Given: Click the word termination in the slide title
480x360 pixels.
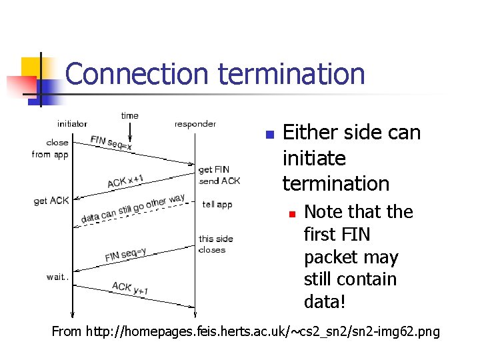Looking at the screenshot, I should [x=291, y=74].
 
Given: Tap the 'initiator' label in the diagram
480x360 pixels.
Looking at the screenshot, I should [x=72, y=123].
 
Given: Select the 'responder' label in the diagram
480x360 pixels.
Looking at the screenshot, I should [x=195, y=123].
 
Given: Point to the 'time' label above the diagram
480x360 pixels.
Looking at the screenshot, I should [x=130, y=115].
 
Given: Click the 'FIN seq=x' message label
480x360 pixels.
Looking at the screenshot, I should [x=111, y=143].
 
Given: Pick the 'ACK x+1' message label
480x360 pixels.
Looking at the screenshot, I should [x=125, y=181].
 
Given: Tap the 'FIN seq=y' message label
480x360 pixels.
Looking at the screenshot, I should [x=125, y=255].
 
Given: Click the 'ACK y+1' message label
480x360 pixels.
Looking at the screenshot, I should [x=130, y=287].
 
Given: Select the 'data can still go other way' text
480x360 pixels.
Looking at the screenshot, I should [x=133, y=208].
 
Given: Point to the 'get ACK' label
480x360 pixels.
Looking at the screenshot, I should [x=51, y=201].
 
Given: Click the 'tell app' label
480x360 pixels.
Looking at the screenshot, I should [x=217, y=205].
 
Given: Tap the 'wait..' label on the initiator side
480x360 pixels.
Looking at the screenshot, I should [x=57, y=277].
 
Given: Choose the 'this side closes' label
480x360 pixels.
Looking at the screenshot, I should [x=215, y=244].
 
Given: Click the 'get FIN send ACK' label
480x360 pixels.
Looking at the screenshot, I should [x=219, y=175].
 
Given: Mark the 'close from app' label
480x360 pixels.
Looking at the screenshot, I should [x=51, y=148].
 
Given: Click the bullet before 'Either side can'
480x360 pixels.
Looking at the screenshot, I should [x=269, y=135].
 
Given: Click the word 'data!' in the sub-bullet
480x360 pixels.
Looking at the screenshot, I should [x=325, y=302].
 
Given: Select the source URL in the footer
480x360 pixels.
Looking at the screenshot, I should [x=246, y=331].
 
